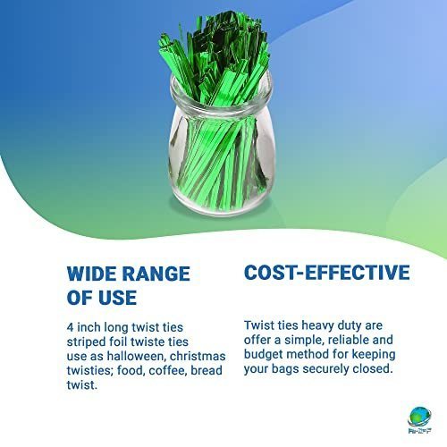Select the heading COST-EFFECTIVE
click(327, 272)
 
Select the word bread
click(207, 370)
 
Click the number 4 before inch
click(70, 327)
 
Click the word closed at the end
click(373, 368)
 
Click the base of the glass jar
click(222, 206)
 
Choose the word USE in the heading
click(118, 298)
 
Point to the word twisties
click(89, 370)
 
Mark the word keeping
click(374, 355)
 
